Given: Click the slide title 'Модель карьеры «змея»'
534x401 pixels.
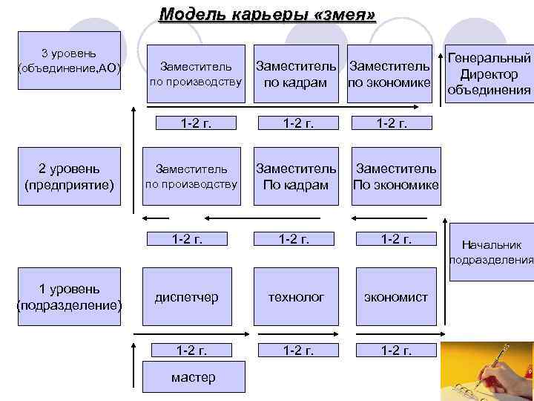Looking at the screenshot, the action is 267,14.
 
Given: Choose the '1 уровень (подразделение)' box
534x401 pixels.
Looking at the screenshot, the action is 69,296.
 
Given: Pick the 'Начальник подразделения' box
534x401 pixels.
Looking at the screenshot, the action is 491,252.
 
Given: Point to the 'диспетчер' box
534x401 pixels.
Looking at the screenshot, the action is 186,297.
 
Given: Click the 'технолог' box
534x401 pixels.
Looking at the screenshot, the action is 295,297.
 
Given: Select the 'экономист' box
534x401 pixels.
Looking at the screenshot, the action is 395,297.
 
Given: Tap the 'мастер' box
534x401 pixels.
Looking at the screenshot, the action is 193,377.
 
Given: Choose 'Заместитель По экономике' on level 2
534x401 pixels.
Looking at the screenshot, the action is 395,177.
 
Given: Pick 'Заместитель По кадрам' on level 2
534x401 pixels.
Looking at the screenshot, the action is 295,177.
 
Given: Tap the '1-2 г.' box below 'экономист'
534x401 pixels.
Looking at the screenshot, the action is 395,351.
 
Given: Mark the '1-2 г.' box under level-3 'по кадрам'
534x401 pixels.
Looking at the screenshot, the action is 295,123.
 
